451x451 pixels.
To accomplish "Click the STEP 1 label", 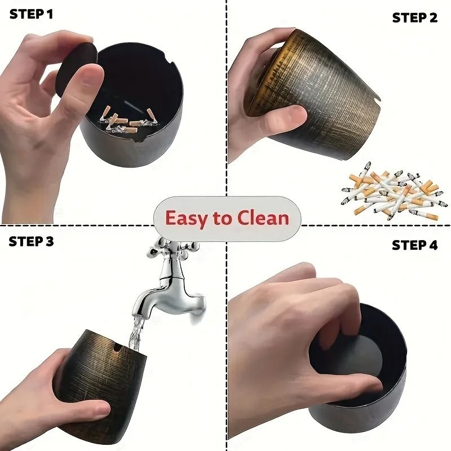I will coord(31,14).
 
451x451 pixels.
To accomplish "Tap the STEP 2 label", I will coord(415,17).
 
